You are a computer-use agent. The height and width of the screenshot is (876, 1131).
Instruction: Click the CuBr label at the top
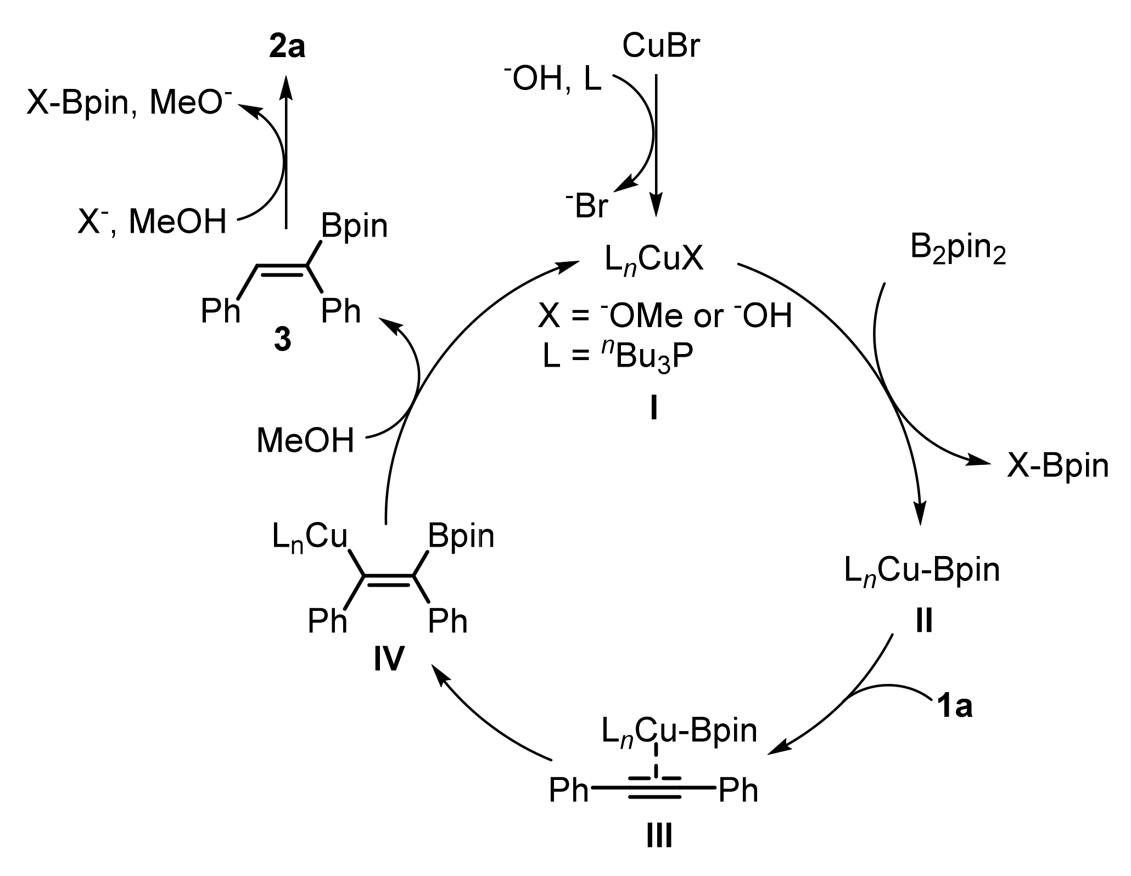click(x=661, y=47)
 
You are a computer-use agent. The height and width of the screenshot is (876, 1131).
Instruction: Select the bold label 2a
click(x=287, y=48)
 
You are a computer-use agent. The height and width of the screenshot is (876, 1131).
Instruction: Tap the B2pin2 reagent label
click(x=958, y=250)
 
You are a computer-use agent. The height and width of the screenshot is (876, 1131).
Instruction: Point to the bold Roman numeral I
click(x=653, y=409)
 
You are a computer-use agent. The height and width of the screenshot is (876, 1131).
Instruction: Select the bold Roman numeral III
click(x=657, y=837)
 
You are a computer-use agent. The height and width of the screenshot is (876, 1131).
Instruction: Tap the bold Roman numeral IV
click(x=389, y=659)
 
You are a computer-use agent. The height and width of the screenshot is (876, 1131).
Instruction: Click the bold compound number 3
click(x=283, y=340)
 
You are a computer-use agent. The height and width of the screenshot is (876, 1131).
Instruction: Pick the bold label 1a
click(x=954, y=708)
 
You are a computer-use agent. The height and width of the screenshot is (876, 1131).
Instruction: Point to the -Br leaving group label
click(x=587, y=206)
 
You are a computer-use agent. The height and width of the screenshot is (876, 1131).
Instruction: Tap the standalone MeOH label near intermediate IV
click(x=305, y=441)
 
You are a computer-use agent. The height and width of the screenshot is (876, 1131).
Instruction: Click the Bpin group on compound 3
click(x=354, y=226)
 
